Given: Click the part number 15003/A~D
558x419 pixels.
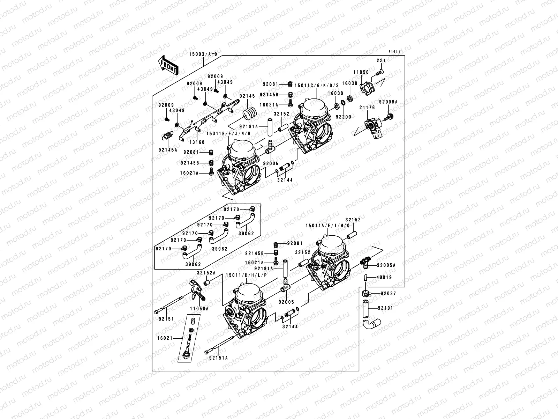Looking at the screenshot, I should (203, 54).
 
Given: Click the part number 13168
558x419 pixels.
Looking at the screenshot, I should (198, 142).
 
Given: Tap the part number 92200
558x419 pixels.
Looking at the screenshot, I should (344, 117).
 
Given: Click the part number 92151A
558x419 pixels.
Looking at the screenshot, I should (218, 358).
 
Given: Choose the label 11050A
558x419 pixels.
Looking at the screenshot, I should (199, 309).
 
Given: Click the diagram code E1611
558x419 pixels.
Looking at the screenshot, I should (394, 52).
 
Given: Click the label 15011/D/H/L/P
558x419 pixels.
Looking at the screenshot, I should (246, 275).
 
